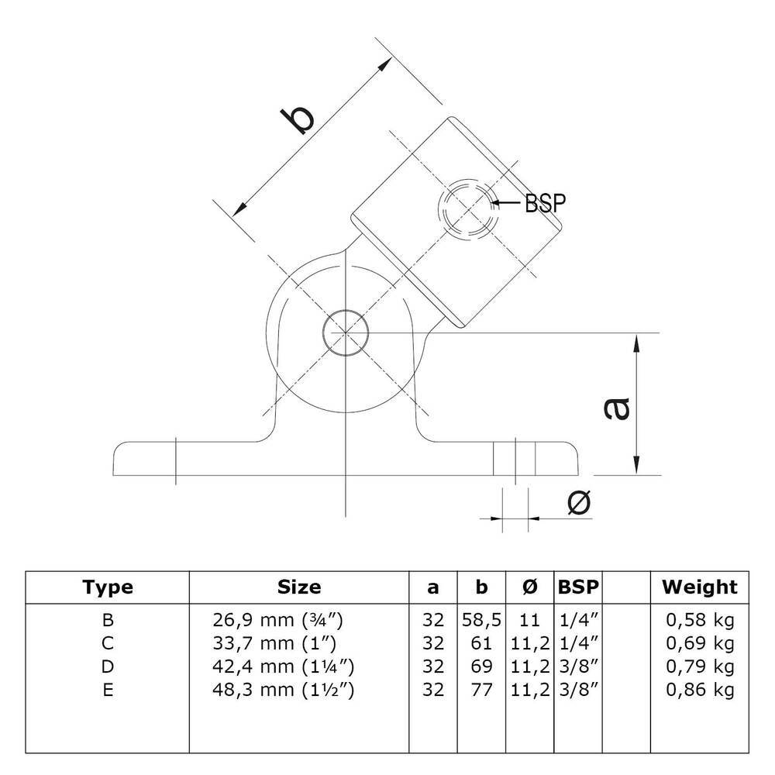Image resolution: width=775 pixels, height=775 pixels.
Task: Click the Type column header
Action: [x=108, y=587]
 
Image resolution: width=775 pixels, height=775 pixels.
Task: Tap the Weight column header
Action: [x=699, y=587]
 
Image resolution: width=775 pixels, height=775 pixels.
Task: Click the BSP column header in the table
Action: [x=578, y=587]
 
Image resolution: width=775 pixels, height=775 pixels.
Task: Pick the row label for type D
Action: [x=108, y=666]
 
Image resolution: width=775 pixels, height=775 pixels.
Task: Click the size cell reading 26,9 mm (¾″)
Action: [x=277, y=620]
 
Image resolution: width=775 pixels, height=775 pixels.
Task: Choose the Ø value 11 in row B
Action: [x=529, y=620]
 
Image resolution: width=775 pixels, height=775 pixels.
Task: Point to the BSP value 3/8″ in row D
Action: [x=578, y=666]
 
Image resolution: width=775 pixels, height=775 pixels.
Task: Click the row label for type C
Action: [x=108, y=642]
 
